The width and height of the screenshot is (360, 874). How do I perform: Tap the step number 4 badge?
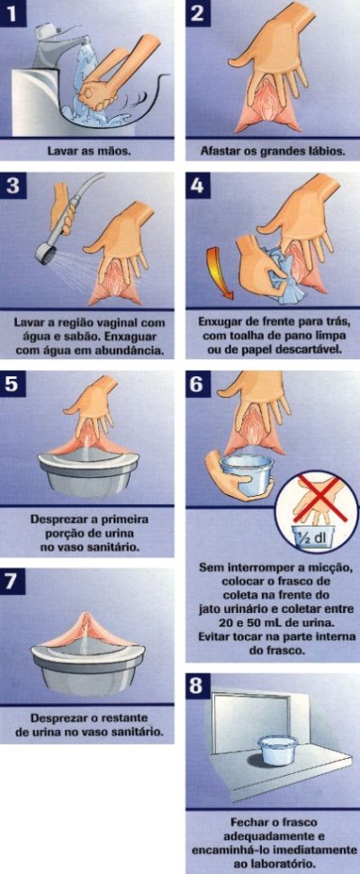(x=198, y=185)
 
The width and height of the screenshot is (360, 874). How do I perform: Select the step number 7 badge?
(x=13, y=581)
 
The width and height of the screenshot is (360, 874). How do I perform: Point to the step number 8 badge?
(x=198, y=685)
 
